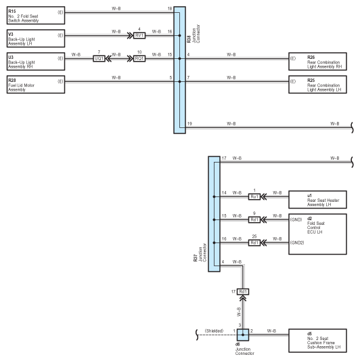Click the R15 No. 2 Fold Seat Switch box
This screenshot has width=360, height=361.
pyautogui.click(x=36, y=16)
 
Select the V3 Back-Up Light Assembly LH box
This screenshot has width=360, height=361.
pyautogui.click(x=36, y=39)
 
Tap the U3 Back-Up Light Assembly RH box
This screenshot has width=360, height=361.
pyautogui.click(x=36, y=62)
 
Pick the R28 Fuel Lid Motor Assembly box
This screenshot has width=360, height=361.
pyautogui.click(x=36, y=85)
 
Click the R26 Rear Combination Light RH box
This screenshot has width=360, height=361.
pyautogui.click(x=317, y=62)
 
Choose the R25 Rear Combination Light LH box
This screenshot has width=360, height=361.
pyautogui.click(x=317, y=85)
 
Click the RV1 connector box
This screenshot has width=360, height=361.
pyautogui.click(x=139, y=36)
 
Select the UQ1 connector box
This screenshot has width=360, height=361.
pyautogui.click(x=99, y=59)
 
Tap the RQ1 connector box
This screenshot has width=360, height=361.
pyautogui.click(x=139, y=59)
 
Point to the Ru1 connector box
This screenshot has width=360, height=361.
pyautogui.click(x=254, y=197)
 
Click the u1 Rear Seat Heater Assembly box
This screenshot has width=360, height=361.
pyautogui.click(x=317, y=200)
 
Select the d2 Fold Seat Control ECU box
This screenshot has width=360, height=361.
pyautogui.click(x=317, y=234)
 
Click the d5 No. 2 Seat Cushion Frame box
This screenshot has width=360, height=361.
pyautogui.click(x=317, y=341)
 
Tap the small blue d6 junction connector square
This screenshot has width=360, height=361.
pyautogui.click(x=243, y=335)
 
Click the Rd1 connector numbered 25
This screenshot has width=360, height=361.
pyautogui.click(x=254, y=243)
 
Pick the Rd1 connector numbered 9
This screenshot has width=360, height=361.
pyautogui.click(x=254, y=220)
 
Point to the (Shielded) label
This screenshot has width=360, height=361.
pyautogui.click(x=214, y=331)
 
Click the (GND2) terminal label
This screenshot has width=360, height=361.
pyautogui.click(x=297, y=242)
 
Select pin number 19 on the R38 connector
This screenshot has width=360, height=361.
pyautogui.click(x=189, y=124)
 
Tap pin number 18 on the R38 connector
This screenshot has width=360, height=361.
pyautogui.click(x=170, y=9)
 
